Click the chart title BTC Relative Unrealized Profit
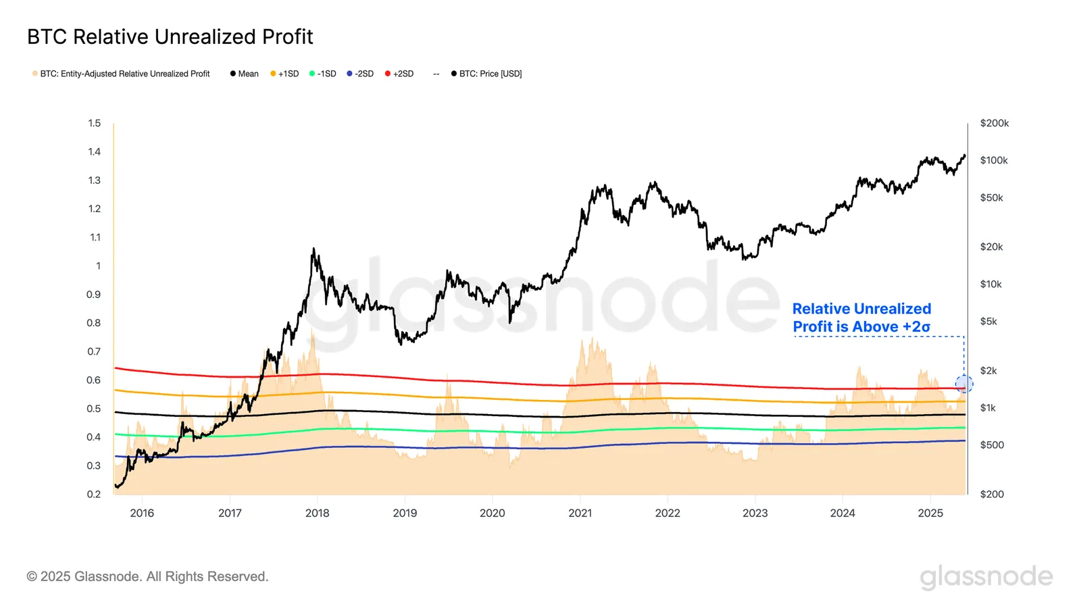pos(170,36)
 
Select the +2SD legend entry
pos(399,74)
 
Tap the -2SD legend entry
pos(360,74)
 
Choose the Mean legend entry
pos(245,74)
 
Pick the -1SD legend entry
pos(323,74)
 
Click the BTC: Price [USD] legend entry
pos(486,74)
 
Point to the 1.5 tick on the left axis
pos(94,123)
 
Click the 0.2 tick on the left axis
pos(94,494)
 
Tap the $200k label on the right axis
pos(995,123)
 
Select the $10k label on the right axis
pos(991,284)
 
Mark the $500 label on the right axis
pos(992,445)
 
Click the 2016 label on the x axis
pos(142,513)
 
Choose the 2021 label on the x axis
pos(580,513)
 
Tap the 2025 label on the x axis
pos(930,513)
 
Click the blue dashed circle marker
pos(964,384)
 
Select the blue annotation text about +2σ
pos(861,318)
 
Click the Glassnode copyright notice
pos(147,576)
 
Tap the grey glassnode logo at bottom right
pos(986,576)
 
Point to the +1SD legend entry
pos(284,74)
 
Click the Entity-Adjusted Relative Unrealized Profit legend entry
pos(121,74)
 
